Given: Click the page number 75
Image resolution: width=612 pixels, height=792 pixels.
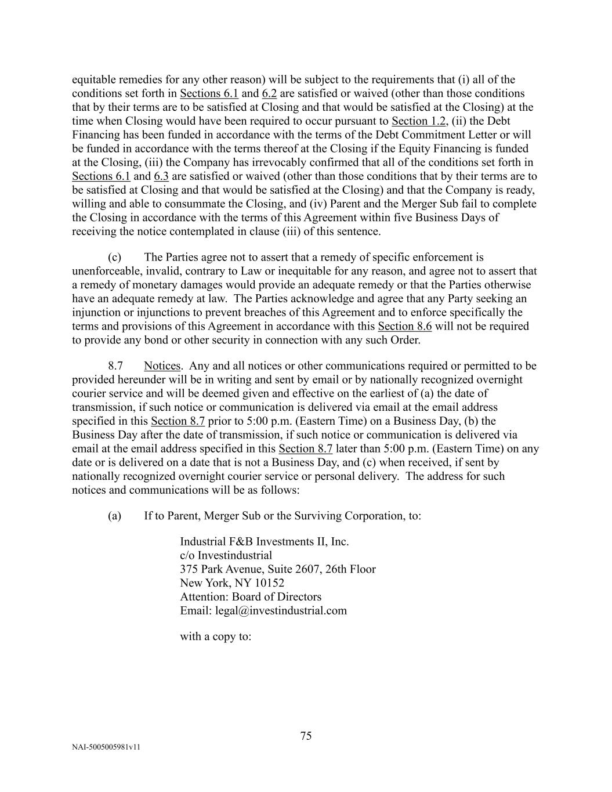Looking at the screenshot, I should coord(306,736).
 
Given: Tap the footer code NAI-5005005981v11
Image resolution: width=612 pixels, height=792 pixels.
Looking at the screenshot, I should coord(106,747).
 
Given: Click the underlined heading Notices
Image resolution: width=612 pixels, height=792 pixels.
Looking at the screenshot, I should coord(162,366).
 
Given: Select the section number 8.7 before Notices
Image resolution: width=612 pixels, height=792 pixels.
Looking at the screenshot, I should coord(115,366).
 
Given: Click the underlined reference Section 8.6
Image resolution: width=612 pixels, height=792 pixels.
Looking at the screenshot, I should coord(404,326).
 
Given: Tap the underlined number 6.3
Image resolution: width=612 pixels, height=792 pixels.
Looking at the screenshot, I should coord(161,176).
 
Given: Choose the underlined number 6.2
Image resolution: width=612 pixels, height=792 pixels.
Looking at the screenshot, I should coord(269,93).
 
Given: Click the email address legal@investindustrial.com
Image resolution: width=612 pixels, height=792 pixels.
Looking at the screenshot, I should coord(281,610).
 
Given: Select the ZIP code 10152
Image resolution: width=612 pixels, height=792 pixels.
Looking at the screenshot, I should coord(269,583).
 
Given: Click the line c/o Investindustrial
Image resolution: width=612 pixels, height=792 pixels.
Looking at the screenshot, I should coord(226,555).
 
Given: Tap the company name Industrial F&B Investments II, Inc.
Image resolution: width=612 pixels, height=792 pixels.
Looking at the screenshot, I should coord(264,541).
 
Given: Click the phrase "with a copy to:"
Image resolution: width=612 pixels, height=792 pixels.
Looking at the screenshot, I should coord(215,636).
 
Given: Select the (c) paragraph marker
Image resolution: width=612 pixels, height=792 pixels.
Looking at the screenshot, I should coord(114,257).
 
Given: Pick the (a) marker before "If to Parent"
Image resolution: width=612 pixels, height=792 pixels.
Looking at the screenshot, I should coord(114,515).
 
